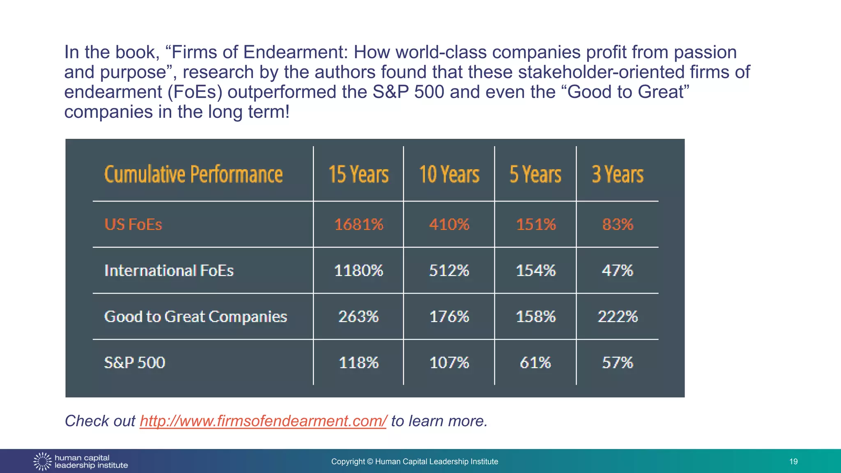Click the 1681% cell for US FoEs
[x=358, y=225]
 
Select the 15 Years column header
[x=358, y=174]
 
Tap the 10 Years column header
[x=449, y=174]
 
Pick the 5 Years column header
[x=535, y=174]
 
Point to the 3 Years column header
[x=617, y=174]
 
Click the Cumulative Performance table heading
[x=193, y=174]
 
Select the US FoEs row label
[x=133, y=225]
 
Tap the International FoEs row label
[x=169, y=271]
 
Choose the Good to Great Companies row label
[x=195, y=317]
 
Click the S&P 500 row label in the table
[x=135, y=363]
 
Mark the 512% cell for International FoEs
[x=449, y=271]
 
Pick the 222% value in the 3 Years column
[x=617, y=317]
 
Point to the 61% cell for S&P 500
[x=535, y=363]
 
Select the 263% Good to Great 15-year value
[x=358, y=317]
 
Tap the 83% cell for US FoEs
[x=617, y=225]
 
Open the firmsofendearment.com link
[x=263, y=421]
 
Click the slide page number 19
[x=793, y=462]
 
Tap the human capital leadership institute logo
[x=80, y=462]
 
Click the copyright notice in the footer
[x=414, y=462]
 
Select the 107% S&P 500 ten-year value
[x=449, y=363]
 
